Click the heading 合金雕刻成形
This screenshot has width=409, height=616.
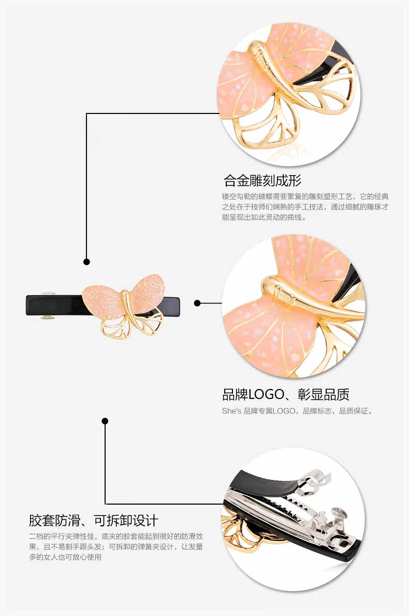click(262, 181)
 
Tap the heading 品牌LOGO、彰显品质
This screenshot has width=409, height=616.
click(285, 395)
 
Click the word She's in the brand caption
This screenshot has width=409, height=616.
click(231, 411)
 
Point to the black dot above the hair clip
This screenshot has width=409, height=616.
click(87, 262)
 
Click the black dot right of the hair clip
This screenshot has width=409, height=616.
click(197, 303)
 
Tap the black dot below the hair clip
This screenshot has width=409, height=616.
click(105, 421)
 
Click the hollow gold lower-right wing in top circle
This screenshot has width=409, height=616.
click(331, 93)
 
